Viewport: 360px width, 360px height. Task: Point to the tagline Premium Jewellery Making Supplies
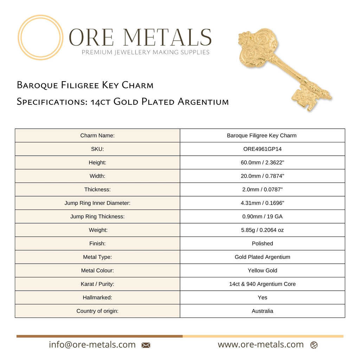coord(146,52)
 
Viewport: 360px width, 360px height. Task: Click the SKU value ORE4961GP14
coord(262,149)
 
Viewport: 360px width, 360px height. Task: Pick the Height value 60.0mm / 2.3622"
coord(262,162)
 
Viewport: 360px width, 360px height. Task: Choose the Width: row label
coord(97,176)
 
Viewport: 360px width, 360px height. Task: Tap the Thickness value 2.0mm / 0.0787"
coord(262,189)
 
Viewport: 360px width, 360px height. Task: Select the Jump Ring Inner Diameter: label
coord(97,203)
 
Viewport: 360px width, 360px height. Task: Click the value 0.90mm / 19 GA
coord(262,217)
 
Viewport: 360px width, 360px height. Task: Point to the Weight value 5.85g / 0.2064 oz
coord(262,230)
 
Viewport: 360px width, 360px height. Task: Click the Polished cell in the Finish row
coord(262,243)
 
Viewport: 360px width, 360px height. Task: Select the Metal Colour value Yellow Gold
coord(262,270)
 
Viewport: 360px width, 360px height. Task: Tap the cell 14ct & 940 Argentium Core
coord(262,284)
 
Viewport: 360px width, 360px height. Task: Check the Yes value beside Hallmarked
coord(262,297)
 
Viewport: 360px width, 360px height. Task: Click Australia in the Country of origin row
coord(262,311)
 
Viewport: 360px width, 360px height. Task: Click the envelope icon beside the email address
coord(146,345)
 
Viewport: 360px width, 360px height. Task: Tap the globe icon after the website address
coord(314,345)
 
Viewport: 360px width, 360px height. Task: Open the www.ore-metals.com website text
coord(261,345)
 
